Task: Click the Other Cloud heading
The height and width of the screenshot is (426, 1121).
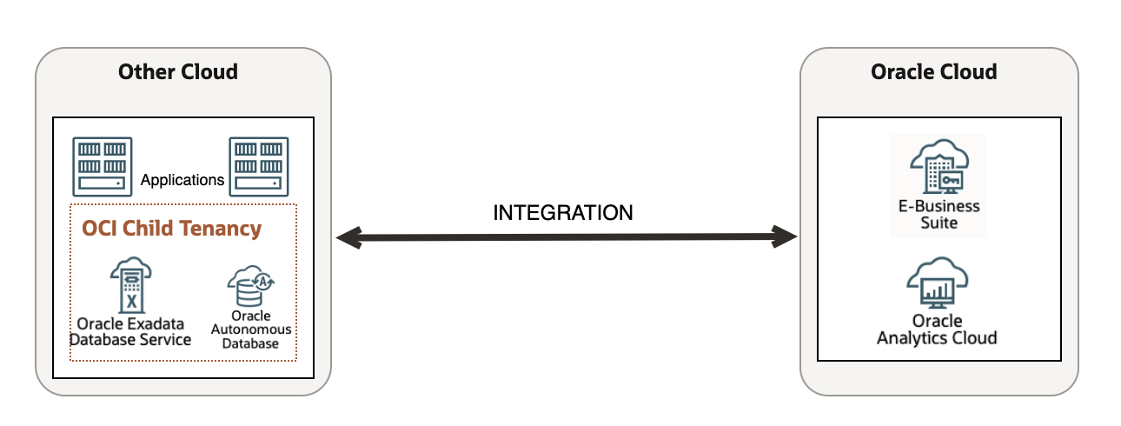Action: point(178,72)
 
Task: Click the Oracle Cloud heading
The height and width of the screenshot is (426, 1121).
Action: point(934,72)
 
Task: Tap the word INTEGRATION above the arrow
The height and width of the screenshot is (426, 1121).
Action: point(563,212)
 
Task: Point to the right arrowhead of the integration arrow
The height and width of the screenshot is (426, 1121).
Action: point(786,236)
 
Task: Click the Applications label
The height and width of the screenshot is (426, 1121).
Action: point(182,181)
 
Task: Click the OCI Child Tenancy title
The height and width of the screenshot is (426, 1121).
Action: point(171,229)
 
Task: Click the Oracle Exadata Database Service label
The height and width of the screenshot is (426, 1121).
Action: point(130,331)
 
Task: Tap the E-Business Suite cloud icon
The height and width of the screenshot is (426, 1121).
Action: point(939,166)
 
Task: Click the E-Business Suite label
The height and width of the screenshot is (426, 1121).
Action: point(939,215)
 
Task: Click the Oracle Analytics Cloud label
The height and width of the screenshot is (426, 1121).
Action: point(937,329)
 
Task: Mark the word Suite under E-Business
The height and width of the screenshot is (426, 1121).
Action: point(939,223)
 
